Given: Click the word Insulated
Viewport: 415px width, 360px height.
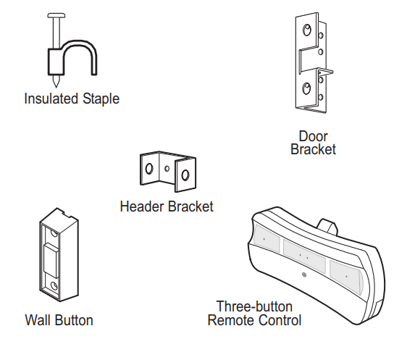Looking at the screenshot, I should (x=50, y=99).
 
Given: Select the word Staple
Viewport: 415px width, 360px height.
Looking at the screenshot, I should (x=99, y=99).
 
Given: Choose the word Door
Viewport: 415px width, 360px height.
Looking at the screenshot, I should (x=313, y=136).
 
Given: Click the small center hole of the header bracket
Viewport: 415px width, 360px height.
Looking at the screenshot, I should (x=167, y=169).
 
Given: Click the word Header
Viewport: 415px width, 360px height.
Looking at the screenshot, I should (x=142, y=206).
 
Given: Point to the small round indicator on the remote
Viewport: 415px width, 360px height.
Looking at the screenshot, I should (x=303, y=275).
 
